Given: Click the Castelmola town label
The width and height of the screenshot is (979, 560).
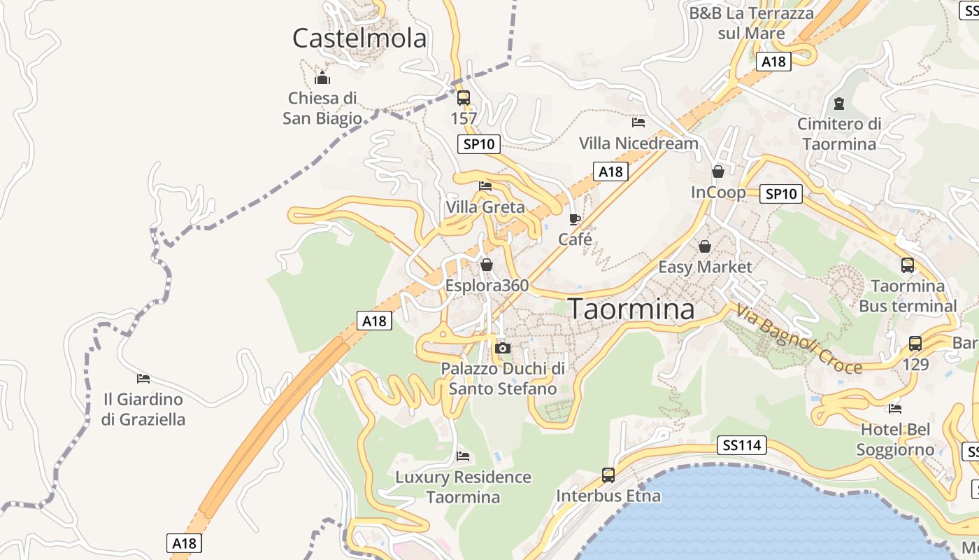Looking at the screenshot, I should [x=359, y=38].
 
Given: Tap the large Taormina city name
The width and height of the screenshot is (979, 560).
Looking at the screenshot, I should [x=631, y=309].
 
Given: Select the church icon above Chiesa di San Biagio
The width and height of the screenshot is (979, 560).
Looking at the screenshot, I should [x=322, y=78].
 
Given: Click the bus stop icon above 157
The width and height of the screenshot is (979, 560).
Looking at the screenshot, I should [x=463, y=98].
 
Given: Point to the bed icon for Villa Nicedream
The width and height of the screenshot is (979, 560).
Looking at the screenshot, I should [x=638, y=122].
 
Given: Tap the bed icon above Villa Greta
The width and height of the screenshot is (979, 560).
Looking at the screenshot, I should [x=485, y=186].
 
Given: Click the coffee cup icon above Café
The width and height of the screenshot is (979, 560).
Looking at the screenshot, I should [x=575, y=219].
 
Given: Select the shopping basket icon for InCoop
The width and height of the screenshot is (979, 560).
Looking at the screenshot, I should [x=718, y=171].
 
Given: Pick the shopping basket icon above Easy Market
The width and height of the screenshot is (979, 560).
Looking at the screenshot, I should [x=705, y=246].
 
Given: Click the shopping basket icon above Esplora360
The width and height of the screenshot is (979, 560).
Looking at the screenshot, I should [x=487, y=265].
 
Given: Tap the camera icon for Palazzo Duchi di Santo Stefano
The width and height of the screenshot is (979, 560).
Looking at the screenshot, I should [x=502, y=348].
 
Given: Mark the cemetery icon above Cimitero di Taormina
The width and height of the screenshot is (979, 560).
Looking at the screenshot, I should [x=839, y=104].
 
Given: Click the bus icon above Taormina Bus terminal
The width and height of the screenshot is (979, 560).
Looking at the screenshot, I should [x=908, y=265].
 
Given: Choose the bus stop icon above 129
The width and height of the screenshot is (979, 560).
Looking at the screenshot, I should [x=915, y=344].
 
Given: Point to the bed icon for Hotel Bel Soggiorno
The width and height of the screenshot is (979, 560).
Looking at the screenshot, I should [x=895, y=409].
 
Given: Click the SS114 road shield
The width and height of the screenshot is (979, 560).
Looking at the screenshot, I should [x=742, y=444].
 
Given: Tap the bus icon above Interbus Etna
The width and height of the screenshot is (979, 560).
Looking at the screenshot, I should [x=608, y=475].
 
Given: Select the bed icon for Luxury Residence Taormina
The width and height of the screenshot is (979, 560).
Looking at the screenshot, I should [x=463, y=456].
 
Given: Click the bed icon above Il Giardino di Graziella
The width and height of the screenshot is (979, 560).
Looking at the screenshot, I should [x=143, y=379].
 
